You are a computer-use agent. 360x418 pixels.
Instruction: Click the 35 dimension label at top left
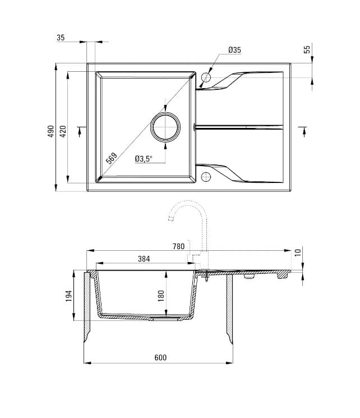[x=61, y=38]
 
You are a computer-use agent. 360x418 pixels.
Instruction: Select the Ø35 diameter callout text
[x=234, y=50]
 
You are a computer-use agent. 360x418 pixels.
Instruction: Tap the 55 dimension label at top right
[x=307, y=49]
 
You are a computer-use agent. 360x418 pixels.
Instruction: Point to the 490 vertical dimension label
[x=51, y=131]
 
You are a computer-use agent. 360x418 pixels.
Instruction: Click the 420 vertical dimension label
[x=63, y=131]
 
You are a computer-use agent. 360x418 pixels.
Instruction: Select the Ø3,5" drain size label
[x=144, y=159]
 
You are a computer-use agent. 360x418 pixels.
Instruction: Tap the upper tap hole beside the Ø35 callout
[x=206, y=77]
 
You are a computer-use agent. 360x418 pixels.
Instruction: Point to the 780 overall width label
[x=178, y=246]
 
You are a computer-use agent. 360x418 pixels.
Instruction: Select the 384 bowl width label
[x=144, y=259]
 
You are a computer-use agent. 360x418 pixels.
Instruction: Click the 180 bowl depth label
[x=161, y=295]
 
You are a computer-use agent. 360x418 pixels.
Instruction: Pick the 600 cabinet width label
[x=160, y=358]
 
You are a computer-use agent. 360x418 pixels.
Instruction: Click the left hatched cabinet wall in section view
[x=88, y=306]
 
